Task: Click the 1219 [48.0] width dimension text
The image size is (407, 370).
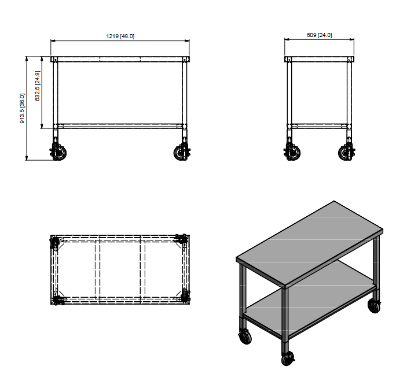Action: point(120,36)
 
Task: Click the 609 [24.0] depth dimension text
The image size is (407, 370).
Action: point(319,35)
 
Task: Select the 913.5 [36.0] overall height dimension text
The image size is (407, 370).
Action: point(23,109)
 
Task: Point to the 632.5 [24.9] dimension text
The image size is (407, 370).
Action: point(38,86)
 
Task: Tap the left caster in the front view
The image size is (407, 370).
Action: point(59,153)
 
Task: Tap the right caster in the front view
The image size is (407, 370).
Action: point(182,153)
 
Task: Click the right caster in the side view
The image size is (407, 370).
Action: point(346,153)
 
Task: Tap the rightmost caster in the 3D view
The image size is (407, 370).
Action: point(374,306)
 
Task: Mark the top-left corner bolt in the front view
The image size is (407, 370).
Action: point(55,60)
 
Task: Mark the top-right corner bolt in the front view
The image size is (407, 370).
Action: point(186,60)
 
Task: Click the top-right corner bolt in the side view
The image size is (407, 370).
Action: point(349,60)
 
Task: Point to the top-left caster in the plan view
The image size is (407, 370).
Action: point(55,242)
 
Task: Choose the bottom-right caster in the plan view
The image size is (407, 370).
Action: point(185,296)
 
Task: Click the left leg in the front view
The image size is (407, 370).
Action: point(56,92)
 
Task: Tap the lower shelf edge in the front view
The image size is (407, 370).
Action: point(120,125)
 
